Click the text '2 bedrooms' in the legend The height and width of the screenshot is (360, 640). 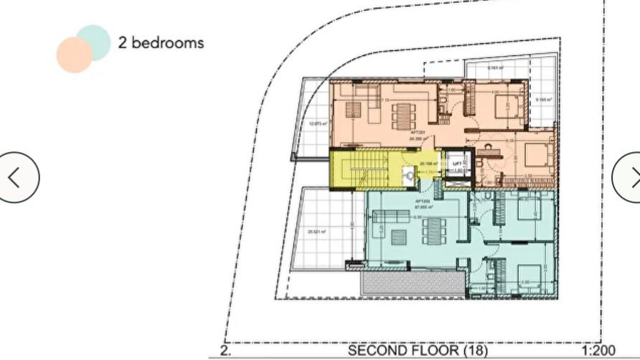click(x=161, y=42)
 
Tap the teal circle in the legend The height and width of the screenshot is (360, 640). click(x=93, y=41)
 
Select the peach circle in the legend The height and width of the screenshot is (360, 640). click(x=74, y=55)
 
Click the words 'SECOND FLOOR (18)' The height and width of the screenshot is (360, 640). click(x=418, y=351)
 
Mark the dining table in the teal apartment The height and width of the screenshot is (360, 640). click(x=435, y=230)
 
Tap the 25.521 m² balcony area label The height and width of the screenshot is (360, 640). click(x=316, y=232)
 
